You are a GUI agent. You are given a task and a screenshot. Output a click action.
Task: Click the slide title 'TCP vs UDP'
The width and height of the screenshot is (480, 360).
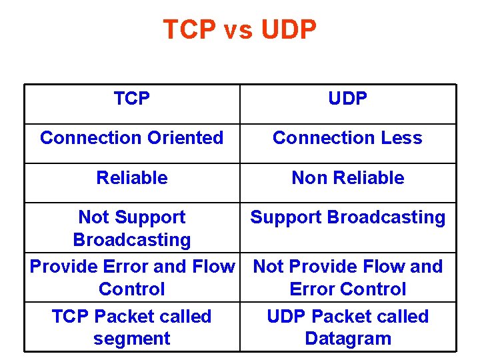coord(240,30)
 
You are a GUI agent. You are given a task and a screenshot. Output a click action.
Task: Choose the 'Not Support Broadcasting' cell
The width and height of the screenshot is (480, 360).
coord(132,228)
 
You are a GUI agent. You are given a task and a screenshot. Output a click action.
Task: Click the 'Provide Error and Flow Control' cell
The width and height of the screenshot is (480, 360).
coord(132,277)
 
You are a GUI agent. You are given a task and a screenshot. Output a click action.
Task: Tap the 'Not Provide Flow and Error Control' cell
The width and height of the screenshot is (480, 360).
coord(348,277)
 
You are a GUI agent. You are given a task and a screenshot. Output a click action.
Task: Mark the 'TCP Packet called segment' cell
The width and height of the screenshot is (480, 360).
coord(132,327)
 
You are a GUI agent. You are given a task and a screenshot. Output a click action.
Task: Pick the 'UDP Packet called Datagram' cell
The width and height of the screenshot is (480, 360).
coord(348,327)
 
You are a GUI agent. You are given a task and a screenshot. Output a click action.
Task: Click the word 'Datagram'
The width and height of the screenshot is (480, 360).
coord(348,339)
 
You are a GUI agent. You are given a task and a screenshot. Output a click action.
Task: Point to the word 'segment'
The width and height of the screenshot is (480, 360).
coord(132,339)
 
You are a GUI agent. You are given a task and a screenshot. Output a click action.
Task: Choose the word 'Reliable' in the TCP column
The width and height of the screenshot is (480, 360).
coord(132,178)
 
